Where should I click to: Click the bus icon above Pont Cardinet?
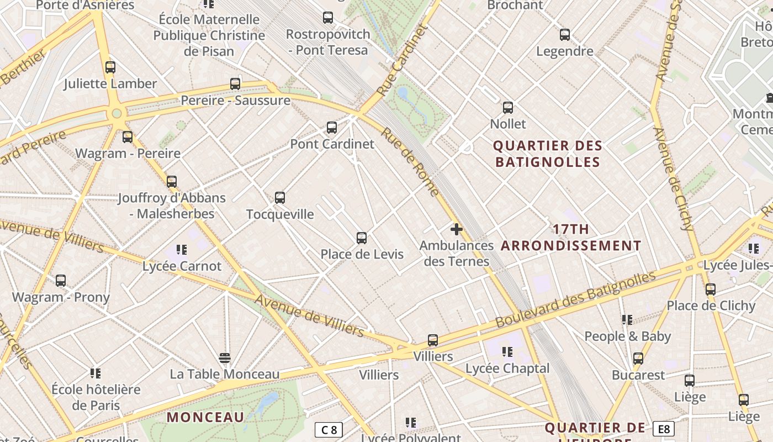coord(332,128)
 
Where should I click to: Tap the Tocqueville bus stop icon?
coord(280,198)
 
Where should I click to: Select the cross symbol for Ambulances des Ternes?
coord(456,229)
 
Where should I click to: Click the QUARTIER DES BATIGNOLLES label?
coord(547,154)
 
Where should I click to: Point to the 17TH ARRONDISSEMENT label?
coord(571,238)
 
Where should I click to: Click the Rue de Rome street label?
coord(410,162)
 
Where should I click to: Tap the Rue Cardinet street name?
coord(403,60)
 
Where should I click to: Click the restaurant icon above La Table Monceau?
coord(224,358)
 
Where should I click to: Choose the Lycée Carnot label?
coord(182,266)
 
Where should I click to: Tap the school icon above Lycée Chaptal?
coord(507,352)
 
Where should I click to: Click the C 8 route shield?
coord(329,430)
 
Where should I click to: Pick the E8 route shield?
coord(663,429)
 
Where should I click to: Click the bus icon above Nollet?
coord(508,108)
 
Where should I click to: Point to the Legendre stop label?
coord(565,51)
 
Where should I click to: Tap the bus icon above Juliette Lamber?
coord(110,67)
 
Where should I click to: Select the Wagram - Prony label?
coord(61,297)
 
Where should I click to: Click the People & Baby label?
coord(627,336)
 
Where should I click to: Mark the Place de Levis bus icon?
coord(362,238)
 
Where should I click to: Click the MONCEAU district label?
coord(205,417)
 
